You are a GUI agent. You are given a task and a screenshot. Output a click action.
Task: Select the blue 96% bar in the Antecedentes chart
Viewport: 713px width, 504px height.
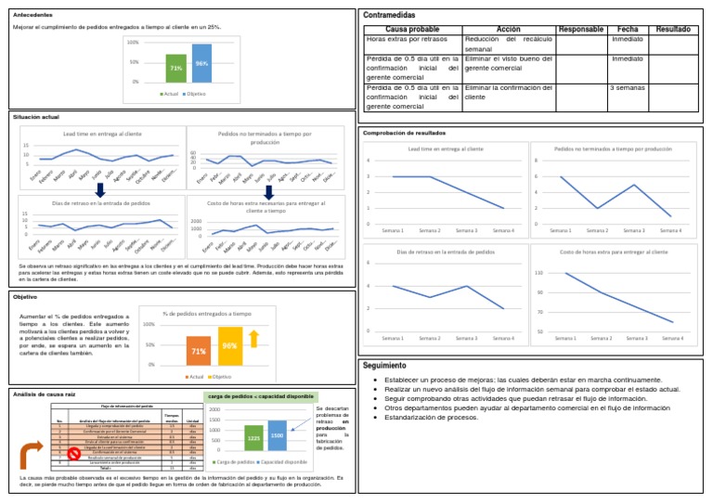coord(201,63)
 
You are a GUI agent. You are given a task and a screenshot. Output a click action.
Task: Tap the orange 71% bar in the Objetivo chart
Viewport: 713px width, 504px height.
coord(199,352)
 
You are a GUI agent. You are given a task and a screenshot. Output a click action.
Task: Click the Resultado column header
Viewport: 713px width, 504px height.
coord(672,30)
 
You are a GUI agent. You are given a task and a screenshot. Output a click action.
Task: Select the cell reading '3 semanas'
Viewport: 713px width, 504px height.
coord(628,87)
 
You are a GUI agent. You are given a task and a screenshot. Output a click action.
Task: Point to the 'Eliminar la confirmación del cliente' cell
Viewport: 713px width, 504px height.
coord(508,92)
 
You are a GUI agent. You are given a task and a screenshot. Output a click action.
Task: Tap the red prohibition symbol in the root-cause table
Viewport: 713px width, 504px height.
coord(74,452)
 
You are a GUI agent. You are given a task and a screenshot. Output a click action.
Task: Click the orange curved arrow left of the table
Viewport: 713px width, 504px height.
coord(31,456)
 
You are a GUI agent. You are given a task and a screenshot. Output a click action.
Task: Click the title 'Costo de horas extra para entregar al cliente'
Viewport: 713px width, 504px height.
coord(613,252)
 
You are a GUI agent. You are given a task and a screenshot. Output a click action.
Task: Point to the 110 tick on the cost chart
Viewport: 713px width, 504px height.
coord(539,273)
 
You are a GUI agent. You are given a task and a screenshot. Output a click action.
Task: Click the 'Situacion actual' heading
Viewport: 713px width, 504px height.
coord(36,118)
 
